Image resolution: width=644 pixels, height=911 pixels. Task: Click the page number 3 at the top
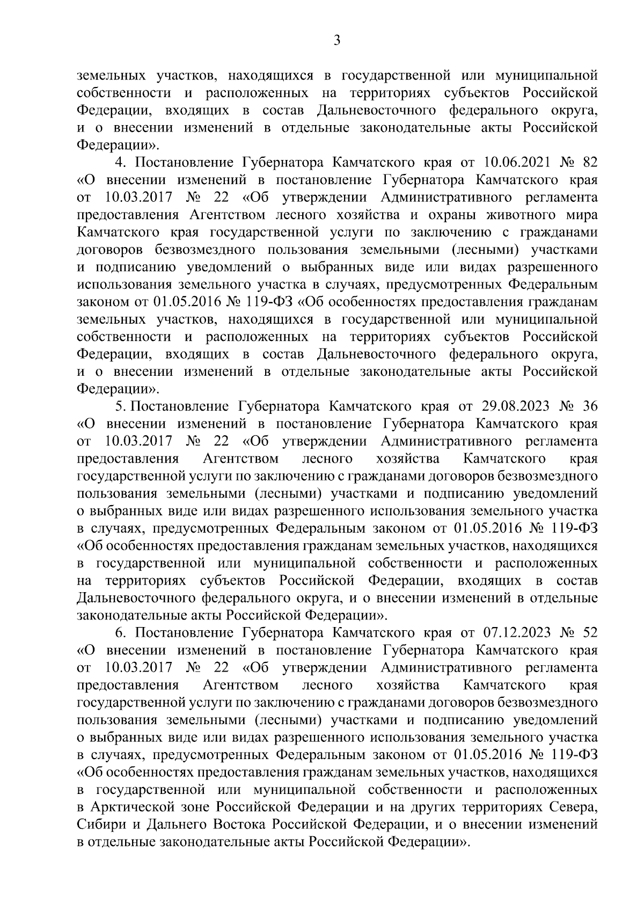click(x=336, y=41)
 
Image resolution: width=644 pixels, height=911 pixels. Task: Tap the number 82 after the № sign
click(x=589, y=162)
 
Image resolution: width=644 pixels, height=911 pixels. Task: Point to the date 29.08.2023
click(x=514, y=406)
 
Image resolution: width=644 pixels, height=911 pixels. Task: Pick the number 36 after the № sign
click(x=589, y=406)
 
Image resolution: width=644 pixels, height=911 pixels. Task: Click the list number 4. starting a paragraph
click(x=120, y=162)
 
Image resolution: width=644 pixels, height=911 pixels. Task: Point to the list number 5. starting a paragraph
click(x=120, y=406)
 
